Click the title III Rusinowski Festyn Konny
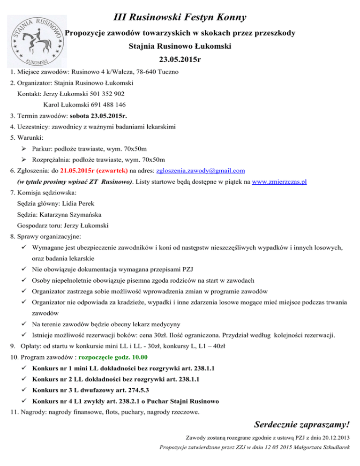[180, 18]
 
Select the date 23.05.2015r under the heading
[180, 60]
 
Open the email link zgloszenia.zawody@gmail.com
[200, 171]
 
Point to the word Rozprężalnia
[52, 159]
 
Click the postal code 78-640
[148, 72]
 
